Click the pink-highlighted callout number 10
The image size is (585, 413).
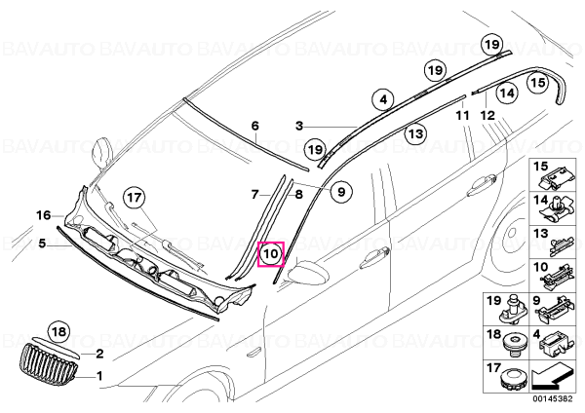(271, 254)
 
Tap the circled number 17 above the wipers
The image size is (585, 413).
(135, 198)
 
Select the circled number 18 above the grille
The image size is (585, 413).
(59, 331)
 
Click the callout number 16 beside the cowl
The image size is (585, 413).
(43, 215)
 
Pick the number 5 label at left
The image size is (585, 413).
(42, 244)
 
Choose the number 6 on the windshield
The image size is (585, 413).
(254, 126)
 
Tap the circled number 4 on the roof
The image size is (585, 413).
(383, 100)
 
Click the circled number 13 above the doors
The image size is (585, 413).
(415, 133)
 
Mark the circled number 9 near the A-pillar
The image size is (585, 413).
(341, 192)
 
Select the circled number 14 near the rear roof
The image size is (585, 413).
(507, 93)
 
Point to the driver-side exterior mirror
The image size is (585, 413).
(309, 273)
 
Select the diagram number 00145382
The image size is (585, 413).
(552, 398)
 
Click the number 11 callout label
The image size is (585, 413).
(462, 116)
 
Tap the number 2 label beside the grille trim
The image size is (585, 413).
(99, 354)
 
